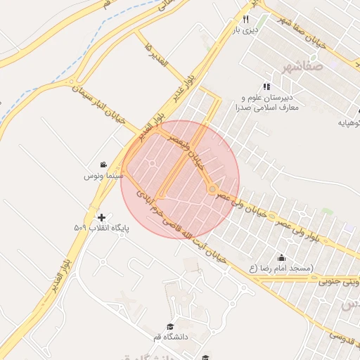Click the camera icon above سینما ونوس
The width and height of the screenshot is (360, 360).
click(104, 163)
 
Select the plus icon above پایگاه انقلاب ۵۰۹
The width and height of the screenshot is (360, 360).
click(103, 217)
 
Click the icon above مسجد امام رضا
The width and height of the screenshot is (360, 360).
click(281, 258)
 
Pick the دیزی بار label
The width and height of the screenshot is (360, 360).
click(246, 30)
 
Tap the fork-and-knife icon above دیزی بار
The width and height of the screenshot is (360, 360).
click(245, 20)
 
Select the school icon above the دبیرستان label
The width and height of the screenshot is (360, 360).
click(266, 86)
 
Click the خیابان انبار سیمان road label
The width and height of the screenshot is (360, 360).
click(99, 106)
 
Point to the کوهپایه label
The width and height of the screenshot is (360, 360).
click(349, 122)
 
